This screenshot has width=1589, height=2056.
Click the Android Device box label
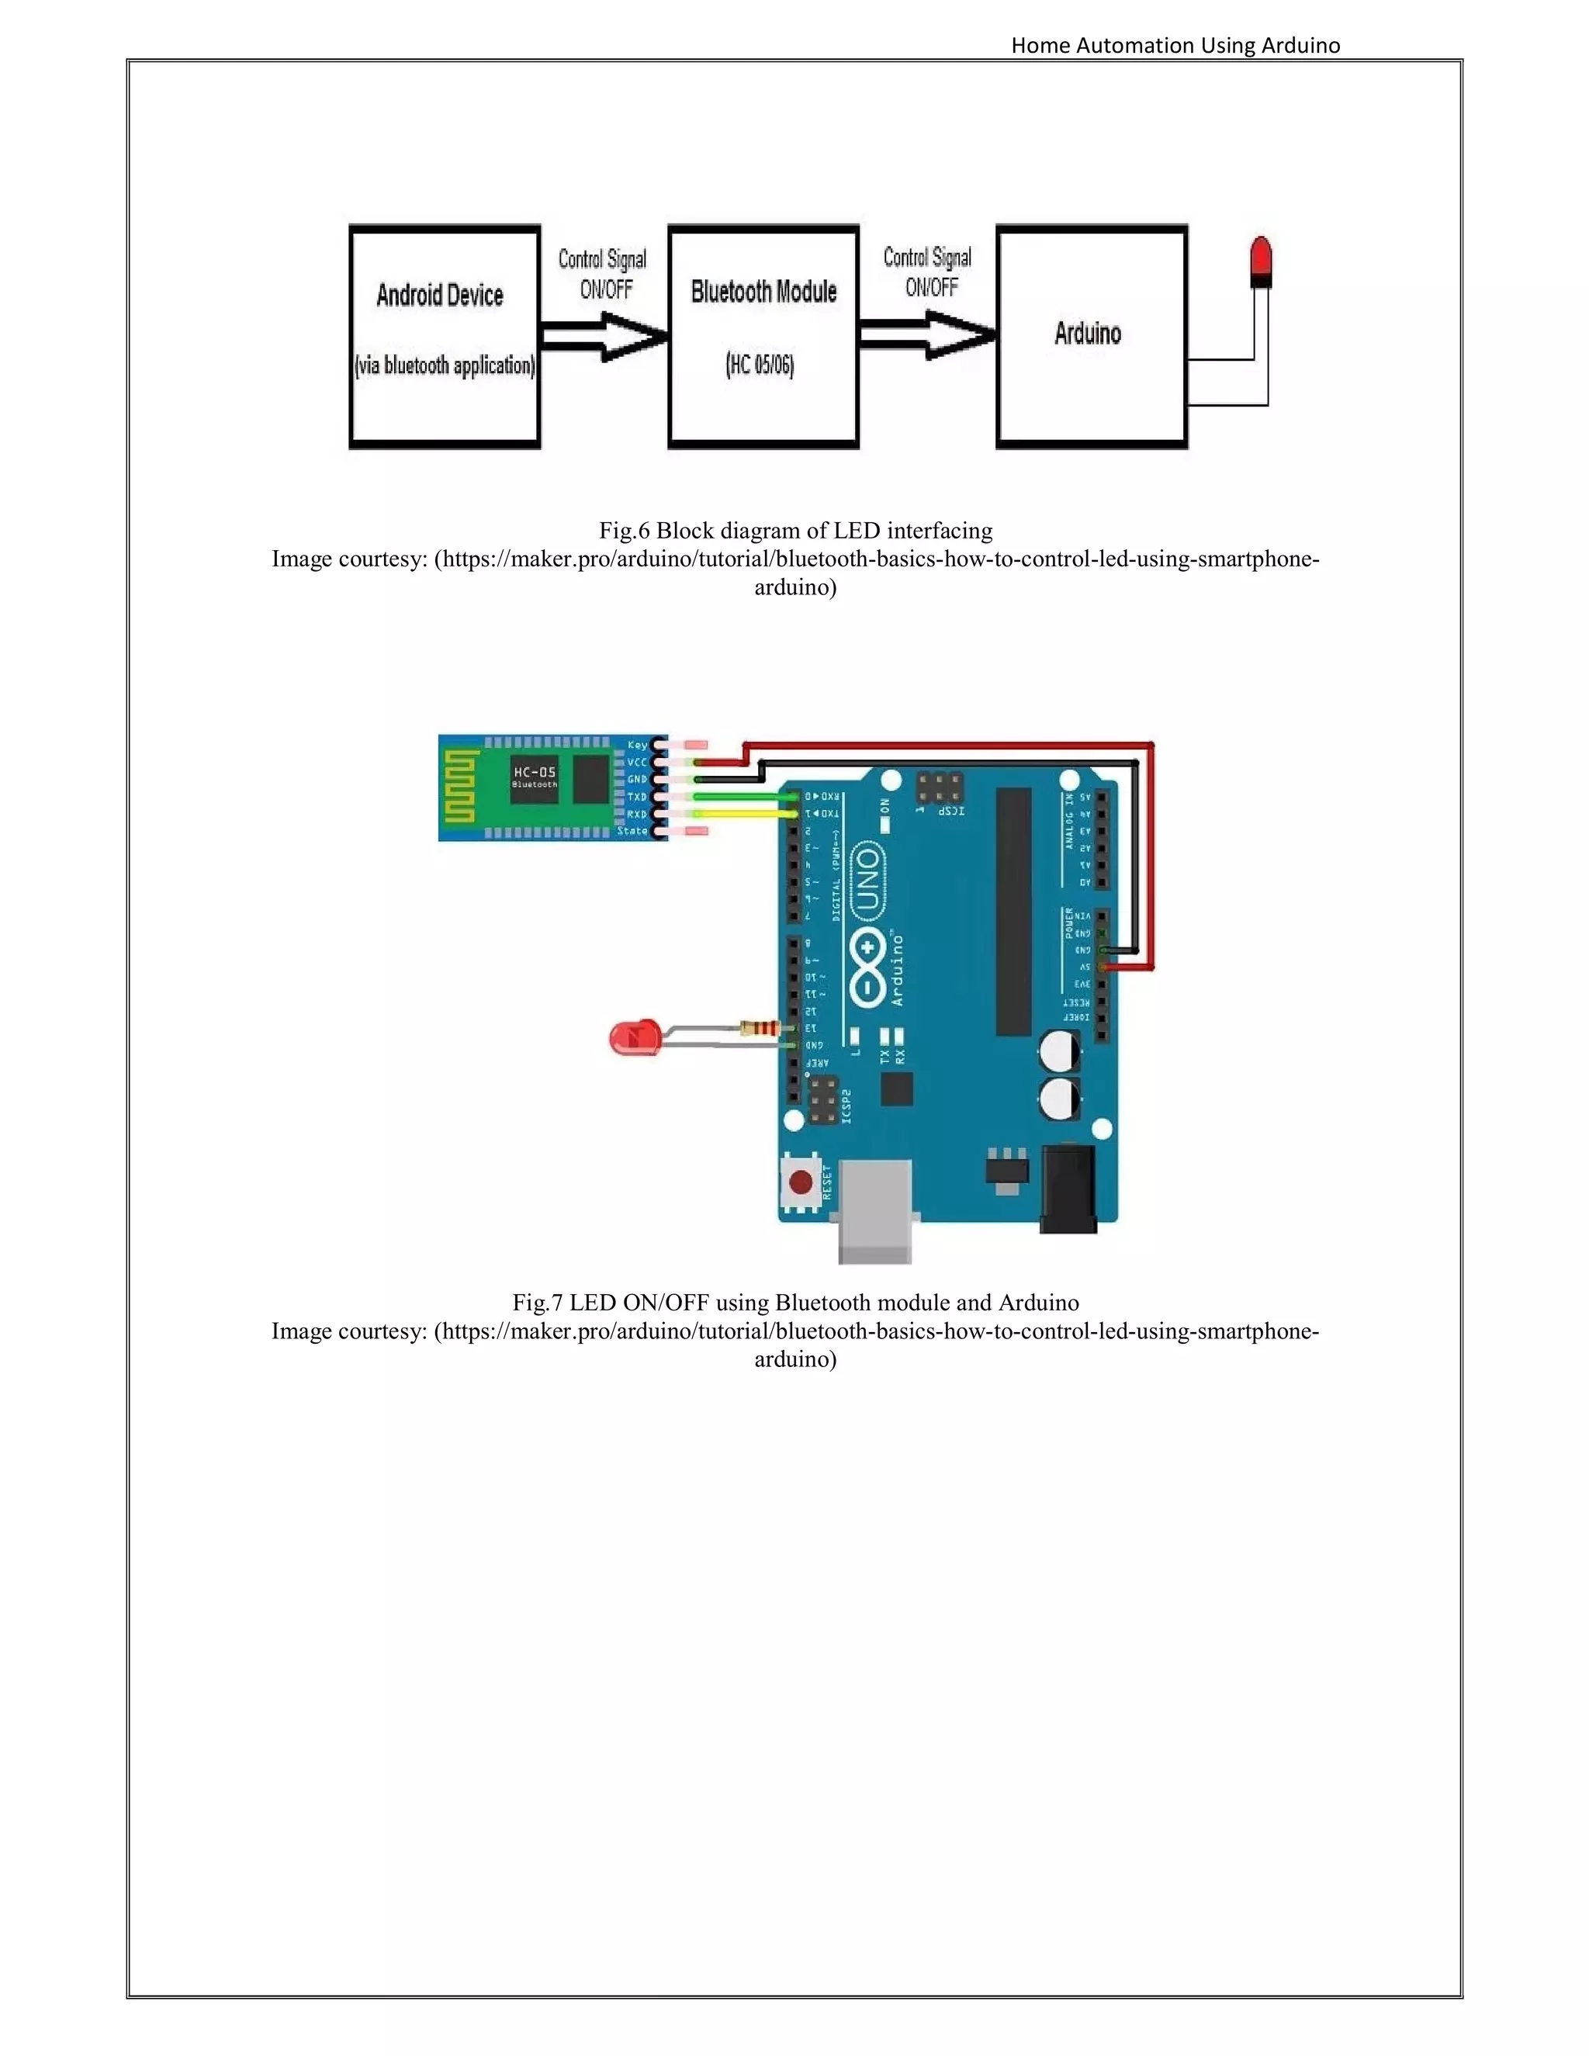(440, 296)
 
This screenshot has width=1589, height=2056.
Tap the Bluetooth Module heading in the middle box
(763, 292)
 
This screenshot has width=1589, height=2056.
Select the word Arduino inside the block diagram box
(1087, 334)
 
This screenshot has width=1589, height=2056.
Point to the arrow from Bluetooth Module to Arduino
(927, 334)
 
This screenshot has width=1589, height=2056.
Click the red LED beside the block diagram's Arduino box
(1261, 261)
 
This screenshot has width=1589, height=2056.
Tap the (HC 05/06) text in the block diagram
(760, 365)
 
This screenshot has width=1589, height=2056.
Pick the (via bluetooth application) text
(445, 365)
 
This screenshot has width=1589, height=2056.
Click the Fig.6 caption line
(795, 531)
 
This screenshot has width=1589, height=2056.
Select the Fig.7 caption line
(795, 1303)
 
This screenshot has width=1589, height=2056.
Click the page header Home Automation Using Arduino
(1175, 45)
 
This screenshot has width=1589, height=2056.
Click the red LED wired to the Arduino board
(632, 1037)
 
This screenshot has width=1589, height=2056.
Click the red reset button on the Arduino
(801, 1182)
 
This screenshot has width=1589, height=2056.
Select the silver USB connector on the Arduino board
(874, 1210)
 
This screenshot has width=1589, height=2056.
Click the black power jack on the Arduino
(1068, 1187)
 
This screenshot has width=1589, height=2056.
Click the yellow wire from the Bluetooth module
(743, 812)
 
